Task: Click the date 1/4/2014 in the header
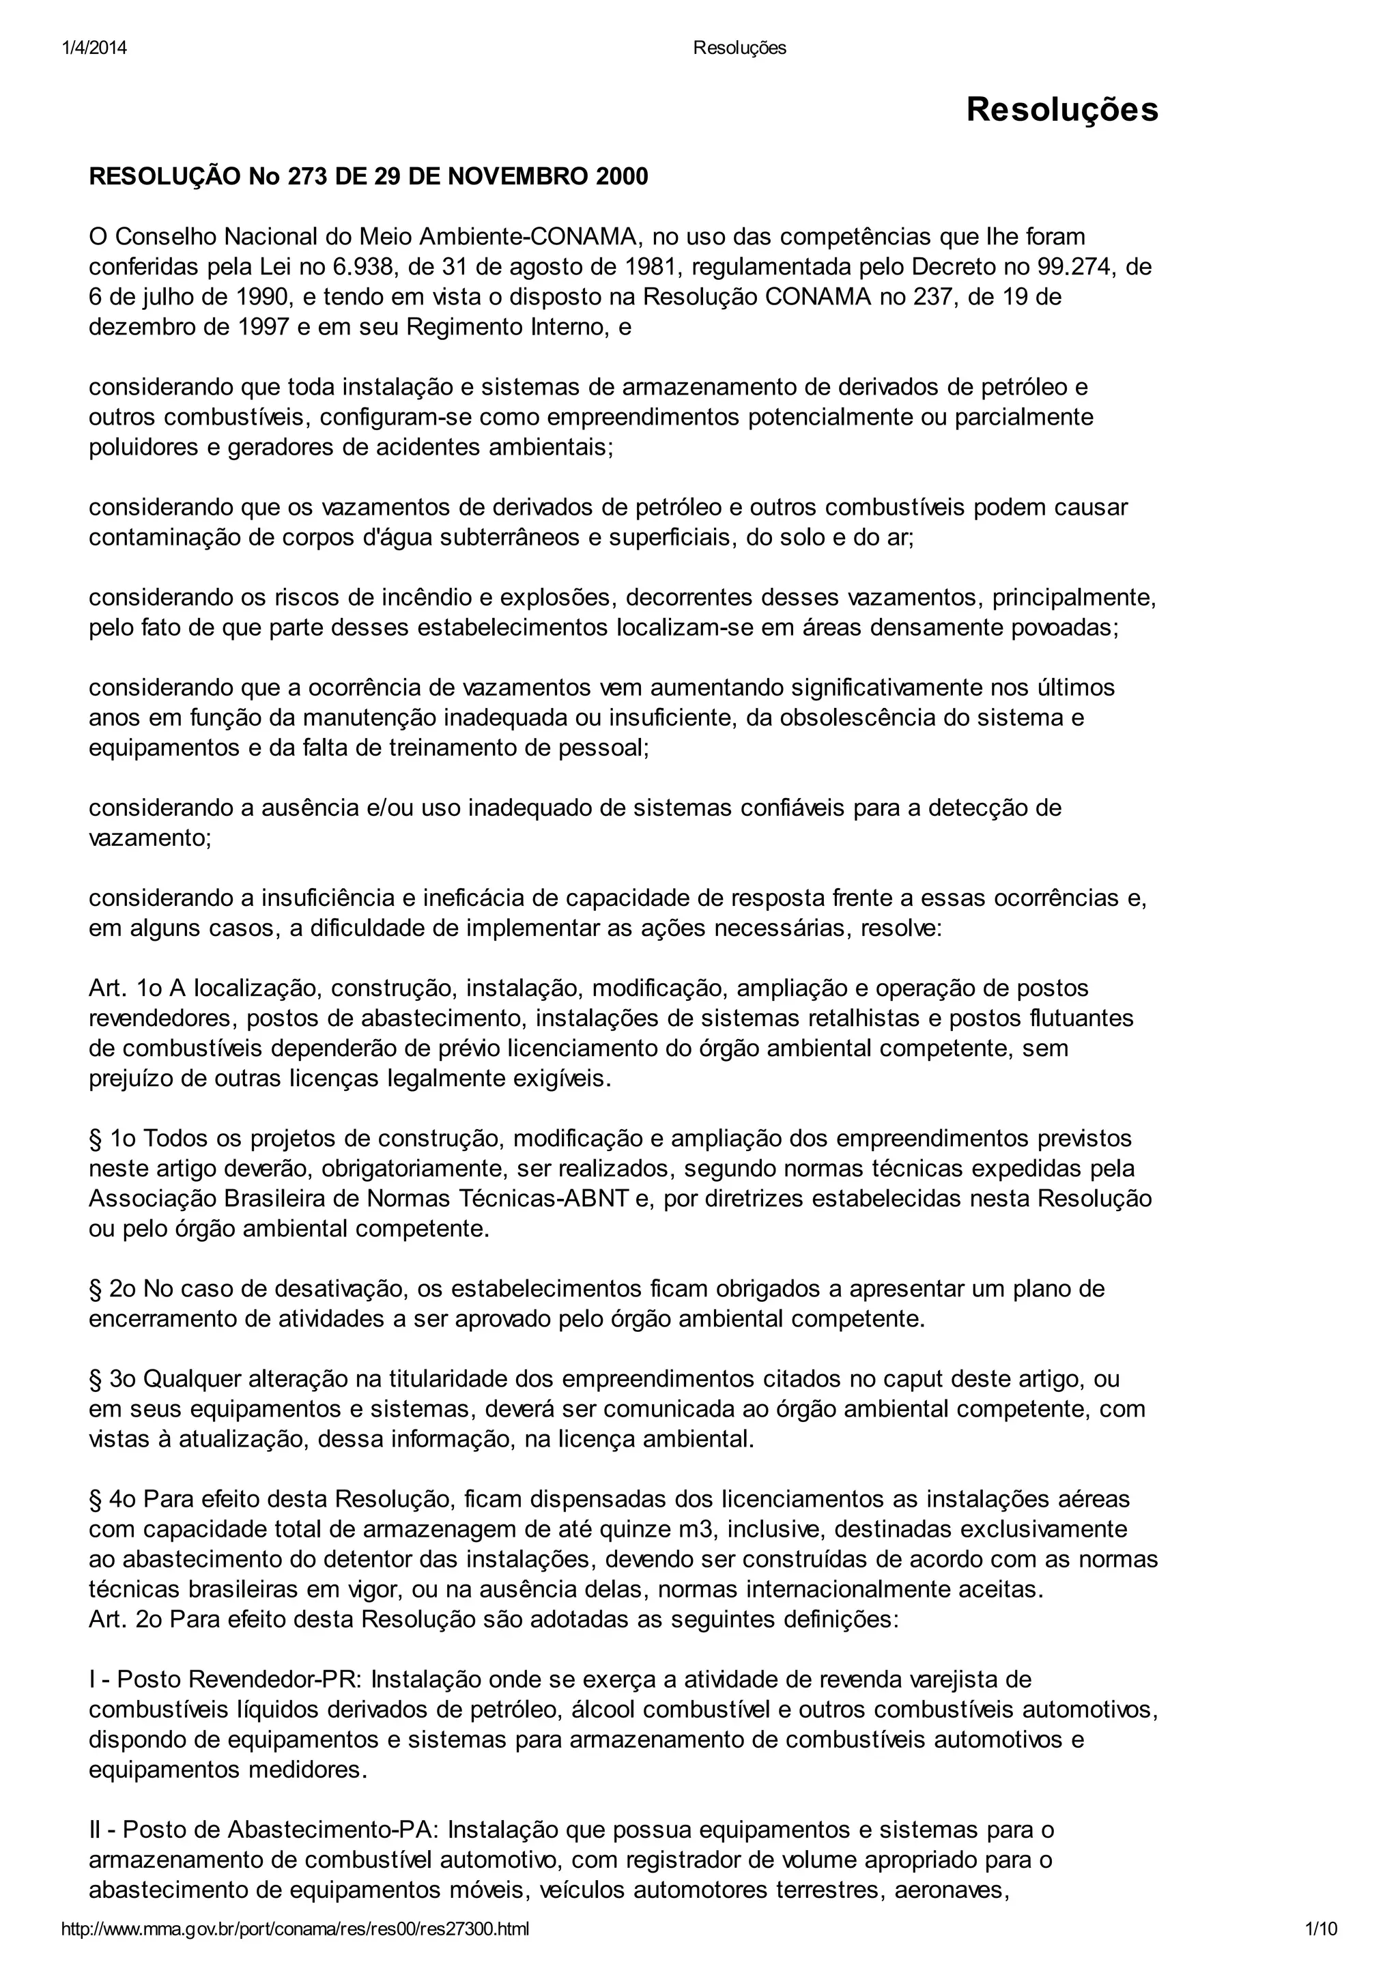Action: pos(95,48)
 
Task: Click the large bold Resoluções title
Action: pos(1061,110)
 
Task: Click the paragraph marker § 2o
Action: pos(113,1289)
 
